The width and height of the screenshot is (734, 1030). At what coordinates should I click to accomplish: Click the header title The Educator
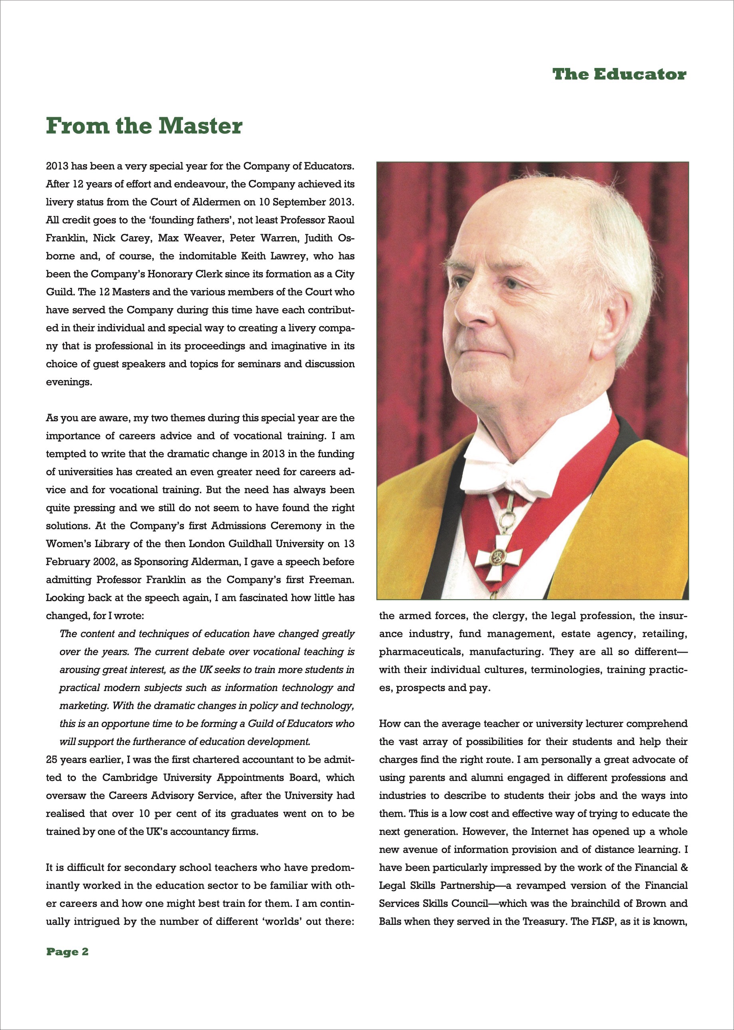619,74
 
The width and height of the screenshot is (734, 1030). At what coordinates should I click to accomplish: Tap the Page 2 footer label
68,951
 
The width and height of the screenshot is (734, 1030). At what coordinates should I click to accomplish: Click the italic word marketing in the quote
84,705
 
